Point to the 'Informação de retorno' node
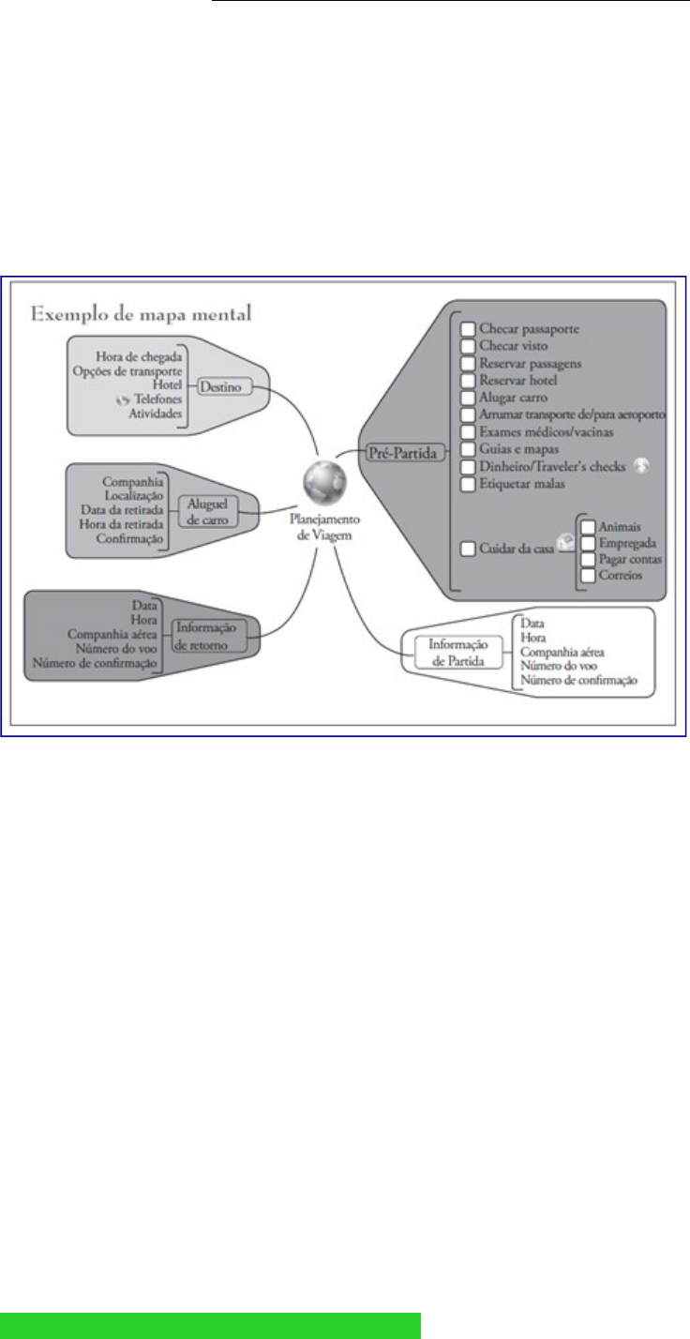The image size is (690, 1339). tap(212, 636)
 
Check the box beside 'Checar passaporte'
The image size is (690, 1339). tap(468, 330)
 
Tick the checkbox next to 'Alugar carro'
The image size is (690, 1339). tap(468, 398)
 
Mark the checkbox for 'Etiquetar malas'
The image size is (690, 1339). tap(468, 484)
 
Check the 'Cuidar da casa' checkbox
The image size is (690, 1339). tap(468, 548)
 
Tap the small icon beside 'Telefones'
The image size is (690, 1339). tap(119, 399)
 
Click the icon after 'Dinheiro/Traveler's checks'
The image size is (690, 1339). tap(640, 466)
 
